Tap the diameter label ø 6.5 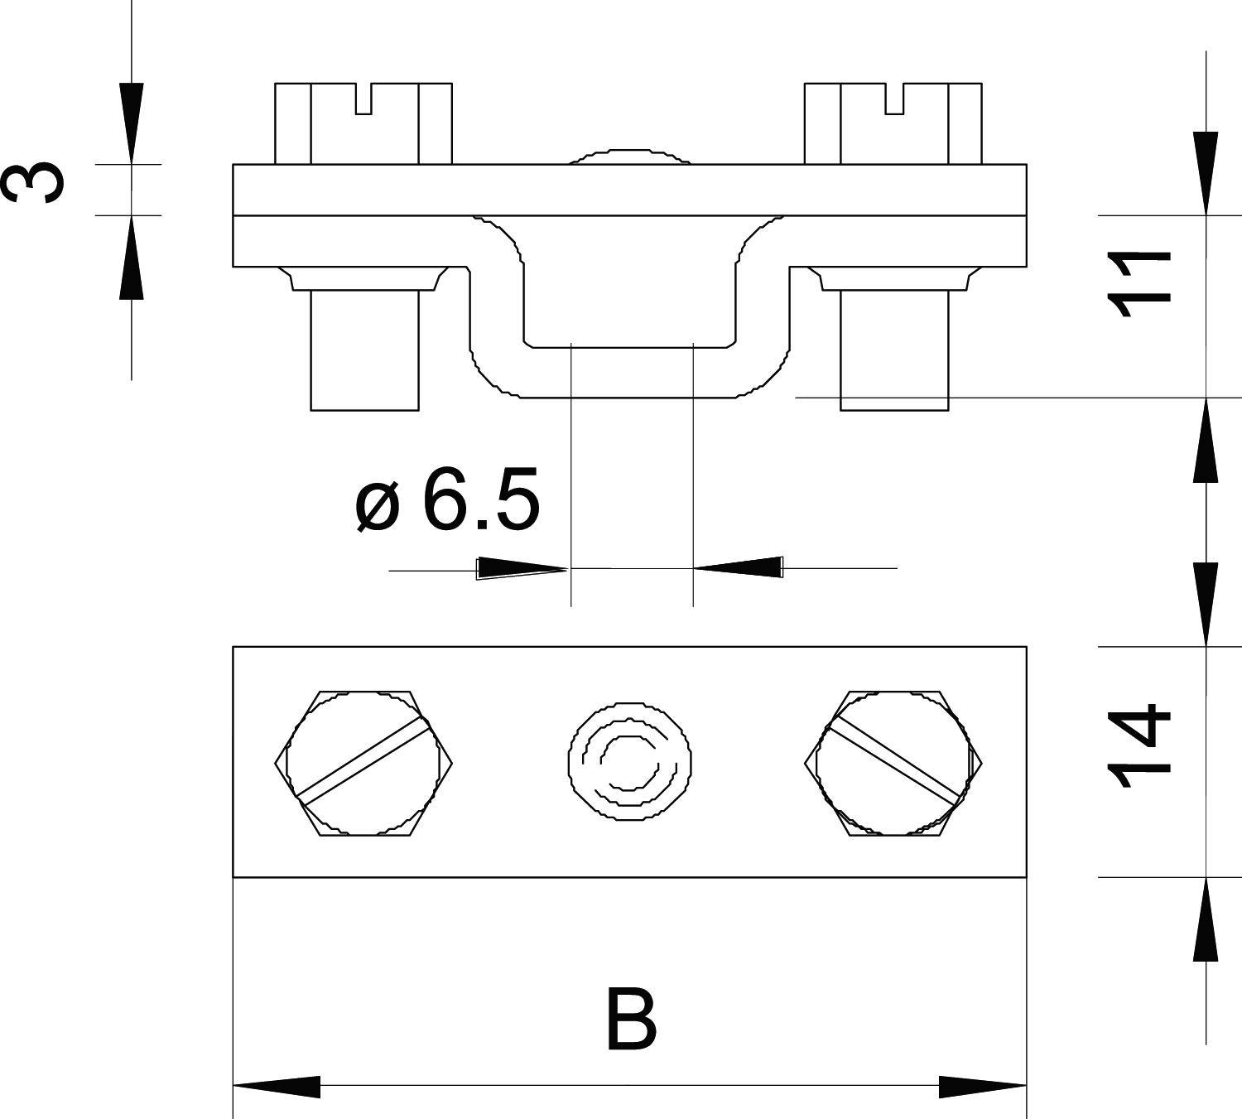point(447,500)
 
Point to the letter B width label point(631,1019)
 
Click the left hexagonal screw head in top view point(363,762)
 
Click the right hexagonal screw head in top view point(893,762)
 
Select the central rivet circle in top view point(629,762)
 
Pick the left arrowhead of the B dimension point(277,1086)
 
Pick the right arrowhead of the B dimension point(982,1086)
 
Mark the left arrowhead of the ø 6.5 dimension point(522,568)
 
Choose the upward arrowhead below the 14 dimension point(1206,919)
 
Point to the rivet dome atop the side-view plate point(629,157)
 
